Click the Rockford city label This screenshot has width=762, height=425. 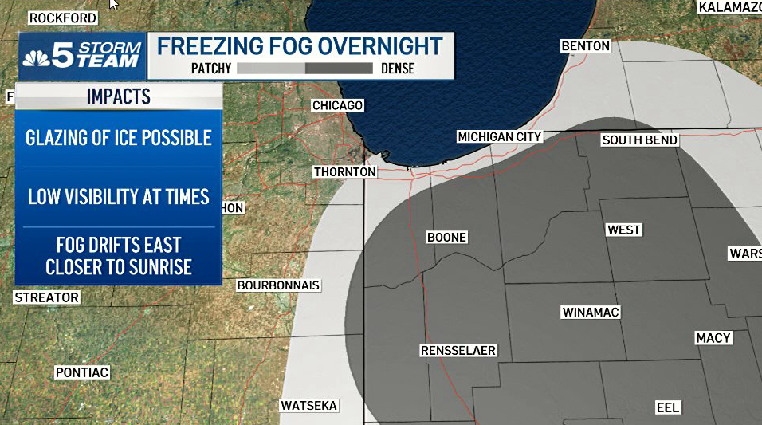[x=62, y=18]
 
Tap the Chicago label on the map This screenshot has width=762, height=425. [x=337, y=105]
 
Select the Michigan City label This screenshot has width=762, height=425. [x=499, y=137]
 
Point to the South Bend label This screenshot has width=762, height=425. [x=639, y=140]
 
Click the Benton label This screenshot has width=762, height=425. [x=585, y=46]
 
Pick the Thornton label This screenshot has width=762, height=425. [x=344, y=171]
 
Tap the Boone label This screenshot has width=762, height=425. [x=446, y=237]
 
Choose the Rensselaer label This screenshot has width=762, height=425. [x=458, y=351]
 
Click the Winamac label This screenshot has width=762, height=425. [x=590, y=312]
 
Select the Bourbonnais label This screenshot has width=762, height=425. [x=278, y=285]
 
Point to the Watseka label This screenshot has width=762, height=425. [x=309, y=406]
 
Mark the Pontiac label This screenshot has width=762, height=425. [x=81, y=372]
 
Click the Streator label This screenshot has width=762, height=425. [x=47, y=297]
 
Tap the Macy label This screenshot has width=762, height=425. [x=713, y=338]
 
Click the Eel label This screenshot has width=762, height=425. [x=668, y=407]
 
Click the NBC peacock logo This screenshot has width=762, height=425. [x=36, y=57]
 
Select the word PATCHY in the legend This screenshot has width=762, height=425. [x=211, y=69]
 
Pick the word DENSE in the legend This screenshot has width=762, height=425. [x=398, y=69]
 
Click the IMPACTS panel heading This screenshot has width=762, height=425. [x=118, y=96]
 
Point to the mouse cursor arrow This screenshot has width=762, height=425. [x=113, y=4]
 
